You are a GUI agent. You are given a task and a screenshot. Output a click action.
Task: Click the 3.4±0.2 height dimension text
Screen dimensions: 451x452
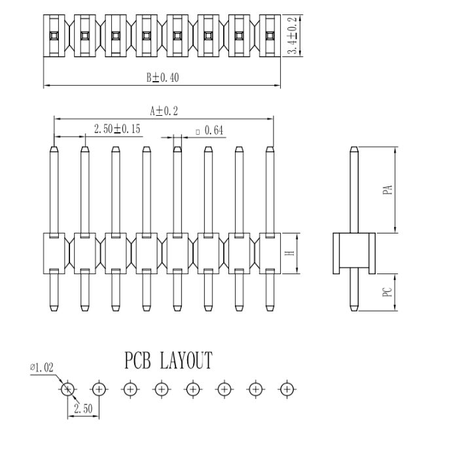(293, 35)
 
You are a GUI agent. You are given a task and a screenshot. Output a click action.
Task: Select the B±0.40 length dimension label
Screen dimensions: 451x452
(162, 78)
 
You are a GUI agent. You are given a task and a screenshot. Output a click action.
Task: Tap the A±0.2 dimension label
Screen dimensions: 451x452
(164, 111)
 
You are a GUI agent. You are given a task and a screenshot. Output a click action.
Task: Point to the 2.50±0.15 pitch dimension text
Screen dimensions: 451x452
(117, 129)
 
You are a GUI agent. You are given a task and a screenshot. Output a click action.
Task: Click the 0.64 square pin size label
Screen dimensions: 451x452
(210, 130)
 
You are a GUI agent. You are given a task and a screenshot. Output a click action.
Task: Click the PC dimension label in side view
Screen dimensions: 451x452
(388, 292)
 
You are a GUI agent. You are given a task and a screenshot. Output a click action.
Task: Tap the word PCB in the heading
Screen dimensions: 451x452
(137, 360)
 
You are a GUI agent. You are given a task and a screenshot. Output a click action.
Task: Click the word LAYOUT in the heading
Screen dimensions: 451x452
(186, 360)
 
